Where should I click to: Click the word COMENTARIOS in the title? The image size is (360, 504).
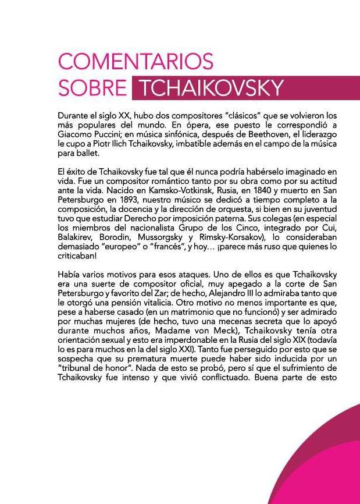point(136,61)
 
